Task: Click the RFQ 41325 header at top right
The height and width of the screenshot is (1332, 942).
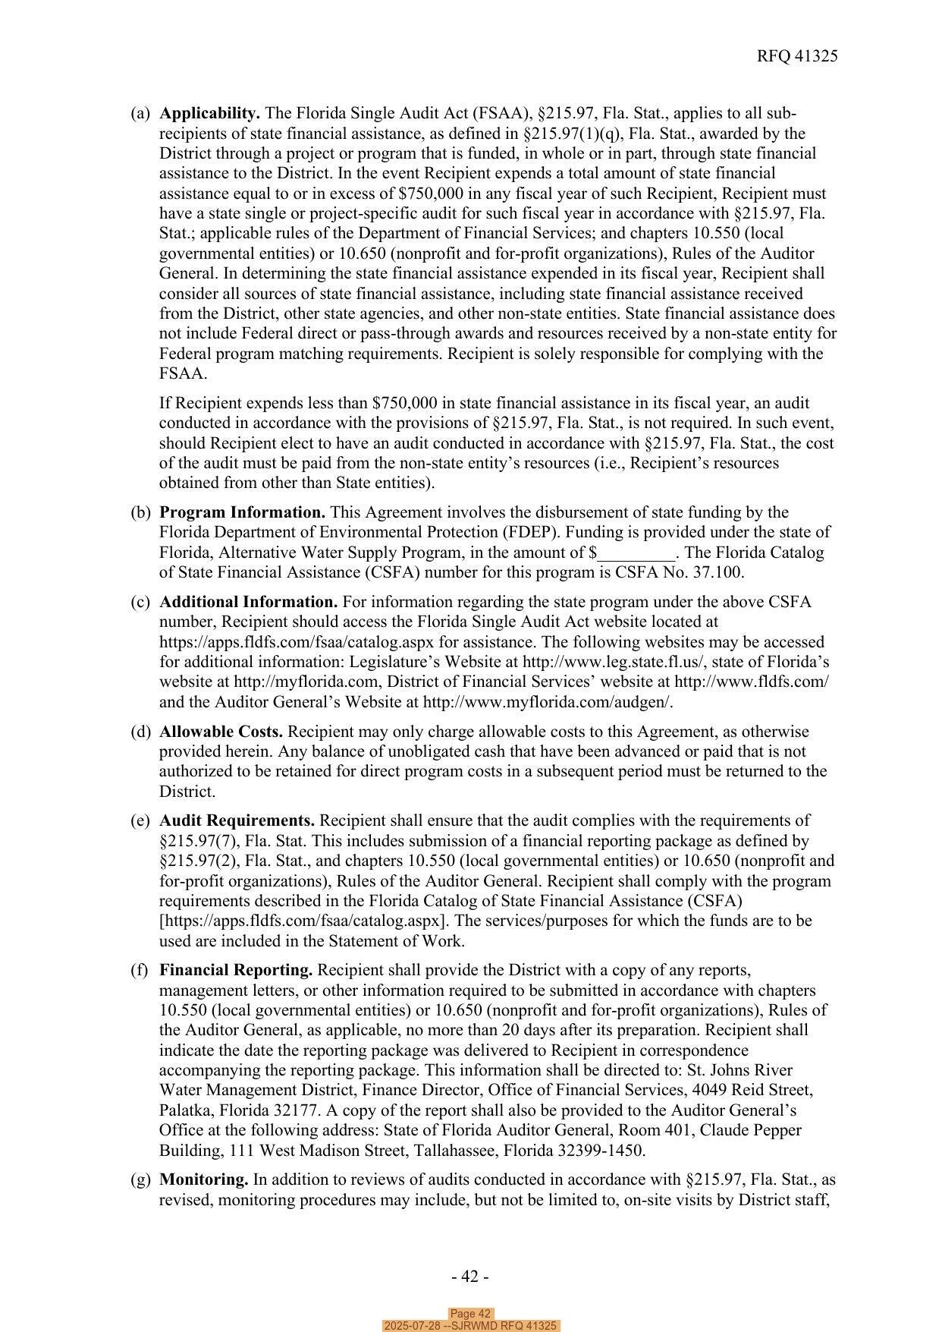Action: click(x=796, y=56)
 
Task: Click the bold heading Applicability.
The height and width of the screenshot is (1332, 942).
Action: click(x=209, y=113)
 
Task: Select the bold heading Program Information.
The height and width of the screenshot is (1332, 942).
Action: click(x=242, y=512)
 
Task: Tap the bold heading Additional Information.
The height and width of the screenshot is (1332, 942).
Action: click(x=248, y=602)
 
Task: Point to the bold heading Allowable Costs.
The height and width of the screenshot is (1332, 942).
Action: click(x=221, y=732)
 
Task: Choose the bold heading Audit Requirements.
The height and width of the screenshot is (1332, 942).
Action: click(x=237, y=820)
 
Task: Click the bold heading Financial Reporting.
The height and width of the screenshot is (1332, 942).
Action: click(x=236, y=970)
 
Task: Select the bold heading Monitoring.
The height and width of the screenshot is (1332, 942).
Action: click(x=203, y=1179)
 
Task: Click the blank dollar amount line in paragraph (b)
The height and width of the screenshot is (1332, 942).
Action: click(x=636, y=553)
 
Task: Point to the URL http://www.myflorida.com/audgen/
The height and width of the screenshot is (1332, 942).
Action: click(x=548, y=702)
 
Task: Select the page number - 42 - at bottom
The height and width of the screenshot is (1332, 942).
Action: click(x=470, y=1277)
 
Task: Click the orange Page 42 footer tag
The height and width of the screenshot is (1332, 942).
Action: click(x=470, y=1314)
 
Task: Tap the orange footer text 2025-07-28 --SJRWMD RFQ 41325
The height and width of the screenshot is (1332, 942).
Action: click(x=470, y=1326)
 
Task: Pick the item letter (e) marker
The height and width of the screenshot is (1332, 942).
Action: click(x=140, y=820)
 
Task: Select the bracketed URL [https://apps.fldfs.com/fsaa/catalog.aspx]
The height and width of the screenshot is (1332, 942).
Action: click(x=303, y=921)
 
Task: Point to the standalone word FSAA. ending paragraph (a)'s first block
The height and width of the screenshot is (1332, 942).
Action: click(x=183, y=373)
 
